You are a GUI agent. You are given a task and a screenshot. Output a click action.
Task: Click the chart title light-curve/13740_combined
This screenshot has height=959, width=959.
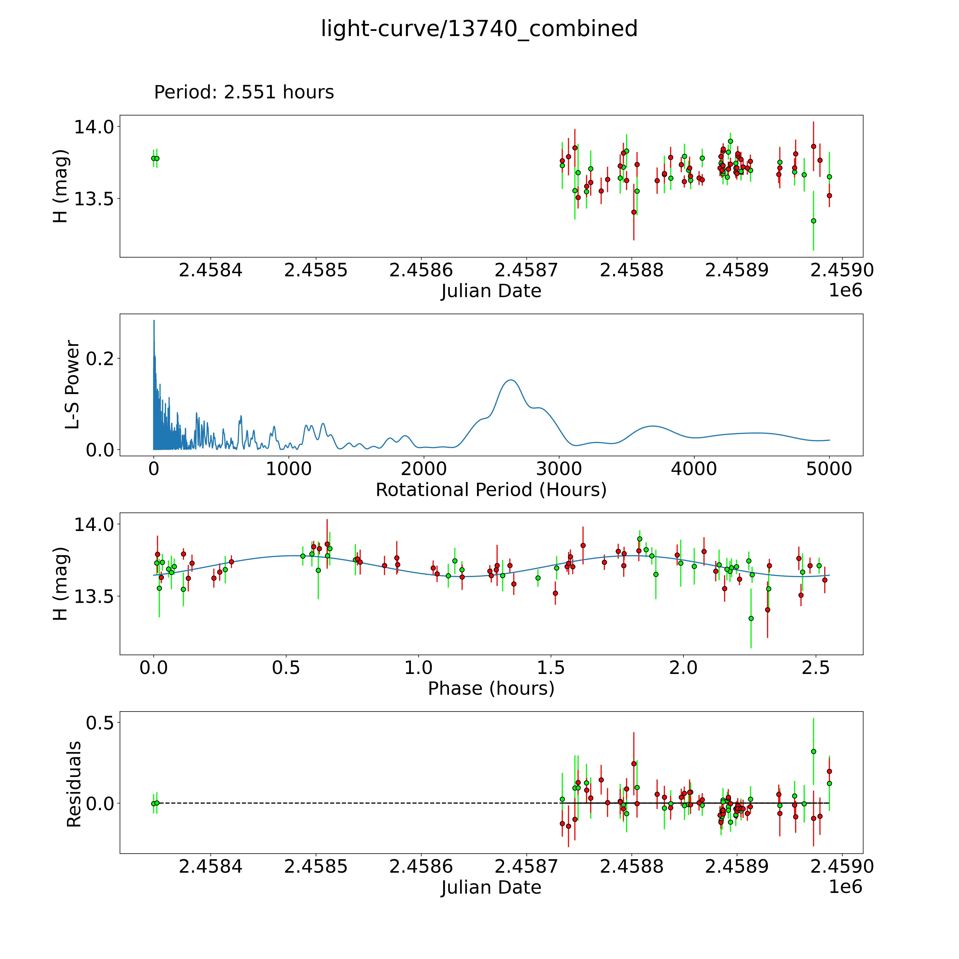pyautogui.click(x=479, y=29)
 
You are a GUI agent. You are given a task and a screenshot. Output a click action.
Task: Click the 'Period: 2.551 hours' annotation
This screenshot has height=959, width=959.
pyautogui.click(x=244, y=92)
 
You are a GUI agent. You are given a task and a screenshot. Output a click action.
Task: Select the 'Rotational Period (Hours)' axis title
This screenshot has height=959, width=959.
pyautogui.click(x=491, y=490)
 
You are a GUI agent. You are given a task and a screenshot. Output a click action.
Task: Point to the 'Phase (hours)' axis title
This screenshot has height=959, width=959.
pyautogui.click(x=491, y=689)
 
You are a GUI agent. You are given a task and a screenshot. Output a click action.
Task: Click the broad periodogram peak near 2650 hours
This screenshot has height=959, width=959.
pyautogui.click(x=511, y=380)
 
